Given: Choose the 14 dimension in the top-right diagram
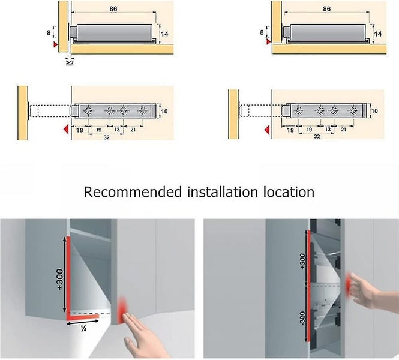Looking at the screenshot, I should click(378, 35).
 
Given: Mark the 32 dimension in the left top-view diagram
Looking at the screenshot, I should click(107, 137).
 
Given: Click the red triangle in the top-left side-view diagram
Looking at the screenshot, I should click(55, 44).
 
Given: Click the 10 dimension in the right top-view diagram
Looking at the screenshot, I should click(374, 111).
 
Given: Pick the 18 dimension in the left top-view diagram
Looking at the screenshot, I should click(80, 130).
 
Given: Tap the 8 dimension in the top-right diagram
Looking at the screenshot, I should click(262, 32).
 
